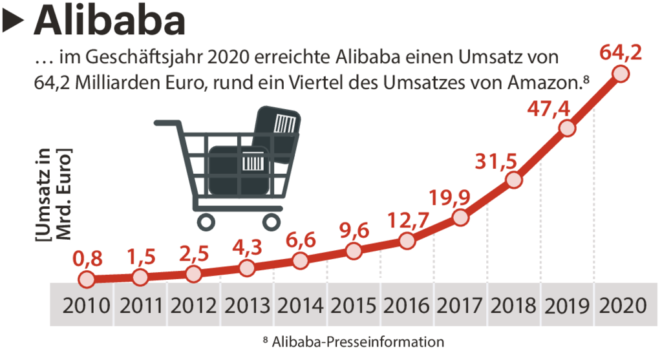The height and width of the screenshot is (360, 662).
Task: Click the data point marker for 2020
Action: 621,74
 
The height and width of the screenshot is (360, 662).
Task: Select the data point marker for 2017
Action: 460,217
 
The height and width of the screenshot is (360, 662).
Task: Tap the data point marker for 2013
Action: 246,268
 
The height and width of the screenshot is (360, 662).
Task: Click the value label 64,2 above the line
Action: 621,52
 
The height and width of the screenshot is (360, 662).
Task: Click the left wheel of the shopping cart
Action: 206,222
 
